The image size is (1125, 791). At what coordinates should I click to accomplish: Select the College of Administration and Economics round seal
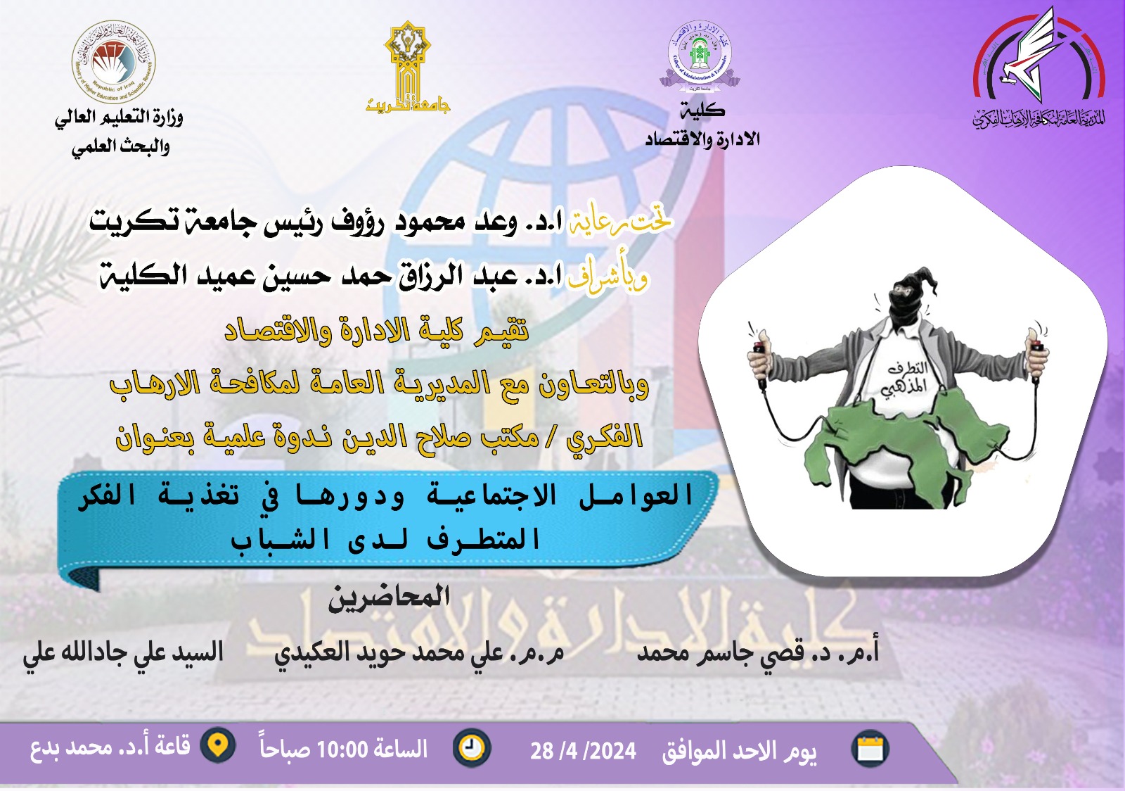(699, 53)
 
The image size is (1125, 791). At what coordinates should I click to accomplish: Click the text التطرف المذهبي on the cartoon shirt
(906, 379)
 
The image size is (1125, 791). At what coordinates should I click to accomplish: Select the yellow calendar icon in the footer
(870, 749)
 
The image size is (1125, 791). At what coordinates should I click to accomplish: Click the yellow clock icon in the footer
(472, 747)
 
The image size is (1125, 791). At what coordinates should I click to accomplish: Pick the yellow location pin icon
(219, 745)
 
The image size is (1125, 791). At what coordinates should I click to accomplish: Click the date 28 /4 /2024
(583, 751)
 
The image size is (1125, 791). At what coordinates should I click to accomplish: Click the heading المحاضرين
(389, 598)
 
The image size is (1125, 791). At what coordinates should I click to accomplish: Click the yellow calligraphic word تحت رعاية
(619, 222)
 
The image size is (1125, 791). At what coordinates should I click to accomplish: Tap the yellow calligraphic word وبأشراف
(607, 278)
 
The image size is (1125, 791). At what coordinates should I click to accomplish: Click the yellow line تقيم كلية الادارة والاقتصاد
(377, 331)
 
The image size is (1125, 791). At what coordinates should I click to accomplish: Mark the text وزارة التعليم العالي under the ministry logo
(119, 117)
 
